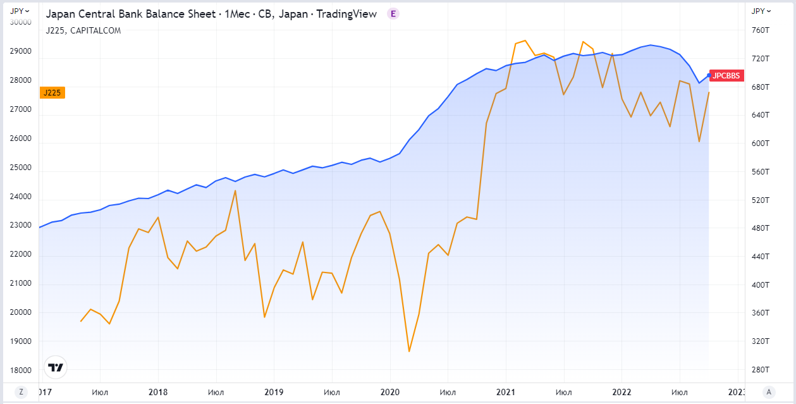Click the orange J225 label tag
tap(52, 93)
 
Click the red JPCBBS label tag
tap(725, 76)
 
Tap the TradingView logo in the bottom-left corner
tap(56, 367)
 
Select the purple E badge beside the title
tap(393, 14)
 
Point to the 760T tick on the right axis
tap(759, 30)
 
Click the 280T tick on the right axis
tap(759, 369)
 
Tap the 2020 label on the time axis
tap(389, 392)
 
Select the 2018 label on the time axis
tap(158, 392)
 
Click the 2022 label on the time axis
tap(621, 392)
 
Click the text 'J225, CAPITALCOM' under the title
tap(83, 30)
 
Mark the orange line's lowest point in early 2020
tap(409, 352)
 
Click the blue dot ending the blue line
tap(709, 75)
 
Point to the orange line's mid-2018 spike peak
tap(235, 190)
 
